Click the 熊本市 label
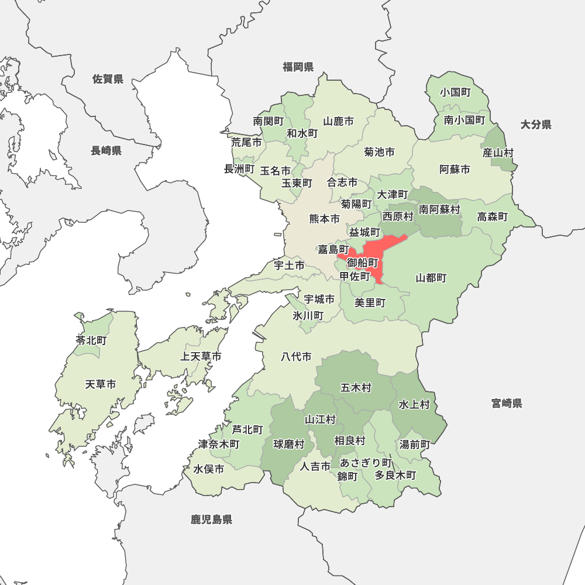[324, 219]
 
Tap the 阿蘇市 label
[455, 170]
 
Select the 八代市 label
[296, 356]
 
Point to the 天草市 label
[101, 384]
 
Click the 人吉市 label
[315, 466]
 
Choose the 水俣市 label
[209, 469]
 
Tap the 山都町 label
[431, 278]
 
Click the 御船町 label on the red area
[362, 262]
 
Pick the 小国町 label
[456, 92]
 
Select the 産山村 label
[498, 153]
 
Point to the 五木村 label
[356, 387]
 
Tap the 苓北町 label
[91, 340]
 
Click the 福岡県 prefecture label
[298, 67]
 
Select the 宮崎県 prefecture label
[507, 403]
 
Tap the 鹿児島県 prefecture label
[211, 519]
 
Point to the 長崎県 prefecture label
[106, 151]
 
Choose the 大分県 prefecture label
[536, 124]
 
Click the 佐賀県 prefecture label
[108, 79]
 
